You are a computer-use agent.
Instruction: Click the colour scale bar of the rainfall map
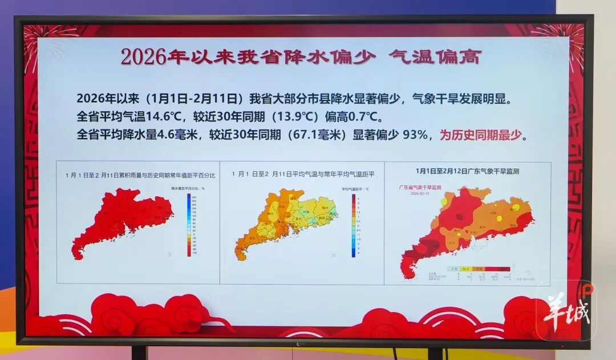click(188, 224)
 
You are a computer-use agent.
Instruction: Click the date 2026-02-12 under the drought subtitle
click(419, 193)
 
